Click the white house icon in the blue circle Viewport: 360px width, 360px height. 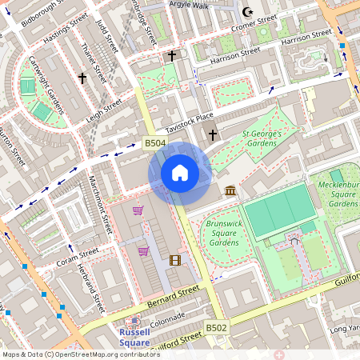click(x=180, y=173)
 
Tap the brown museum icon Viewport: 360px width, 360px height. click(x=231, y=190)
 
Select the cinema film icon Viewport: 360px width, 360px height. click(x=175, y=259)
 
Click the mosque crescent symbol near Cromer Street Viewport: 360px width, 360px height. click(x=247, y=13)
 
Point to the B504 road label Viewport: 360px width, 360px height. click(x=155, y=143)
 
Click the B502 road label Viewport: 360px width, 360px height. click(x=216, y=328)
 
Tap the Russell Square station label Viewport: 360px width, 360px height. click(x=134, y=337)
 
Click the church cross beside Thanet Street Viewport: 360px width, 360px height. click(x=82, y=78)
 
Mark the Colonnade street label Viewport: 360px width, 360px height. click(x=166, y=320)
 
